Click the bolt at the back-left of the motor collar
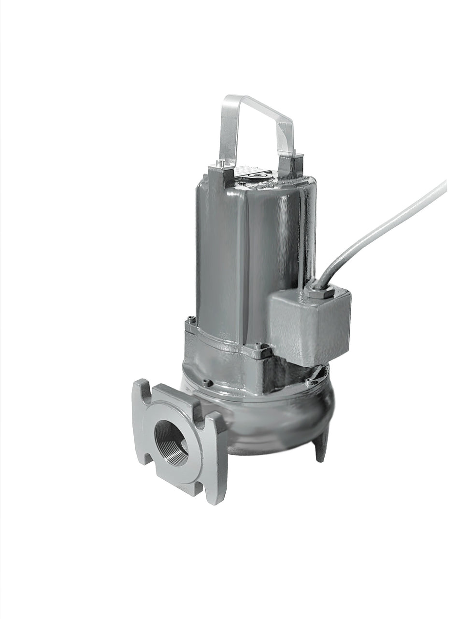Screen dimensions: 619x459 191,320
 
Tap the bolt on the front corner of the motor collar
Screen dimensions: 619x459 261,347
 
